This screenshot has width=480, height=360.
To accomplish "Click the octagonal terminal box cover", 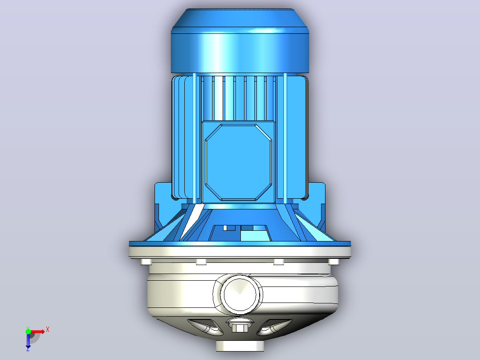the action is click(238, 162).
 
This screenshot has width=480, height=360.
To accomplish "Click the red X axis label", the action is click(48, 330).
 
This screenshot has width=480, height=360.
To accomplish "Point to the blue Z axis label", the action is click(28, 349).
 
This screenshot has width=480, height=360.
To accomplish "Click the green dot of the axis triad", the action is click(28, 331).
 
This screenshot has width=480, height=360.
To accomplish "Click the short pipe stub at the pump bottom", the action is click(240, 345).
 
